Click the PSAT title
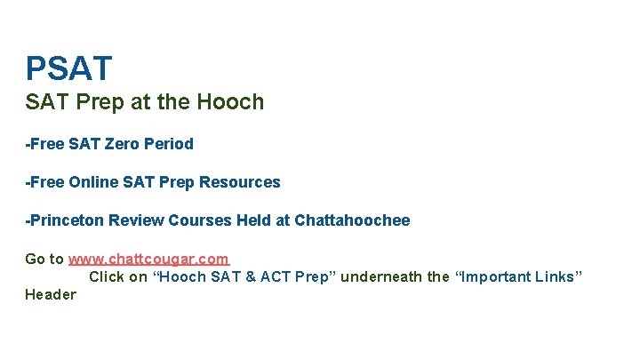point(69,68)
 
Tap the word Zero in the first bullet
point(124,143)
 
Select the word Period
point(170,143)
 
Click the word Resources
point(240,182)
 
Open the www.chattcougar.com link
point(148,259)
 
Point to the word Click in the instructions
point(107,276)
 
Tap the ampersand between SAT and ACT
point(251,276)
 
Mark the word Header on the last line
point(51,295)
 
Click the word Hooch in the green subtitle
point(237,102)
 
